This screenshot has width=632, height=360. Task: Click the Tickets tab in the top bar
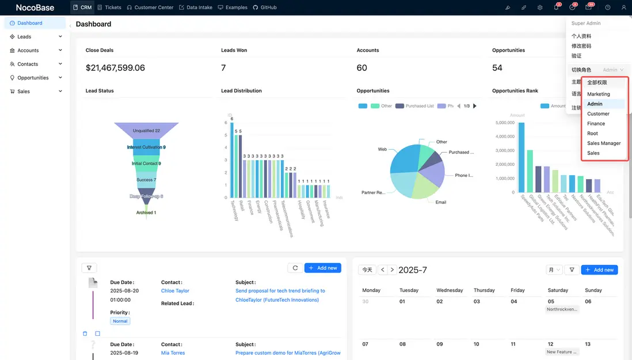(109, 7)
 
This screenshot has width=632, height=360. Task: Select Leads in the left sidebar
(24, 37)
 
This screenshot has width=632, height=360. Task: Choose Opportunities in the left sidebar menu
(33, 78)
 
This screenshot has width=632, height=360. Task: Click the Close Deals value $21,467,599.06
(115, 68)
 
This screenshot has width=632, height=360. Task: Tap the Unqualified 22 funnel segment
(146, 131)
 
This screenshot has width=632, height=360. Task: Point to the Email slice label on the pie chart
(441, 202)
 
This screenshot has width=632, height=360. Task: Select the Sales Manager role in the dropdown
(603, 143)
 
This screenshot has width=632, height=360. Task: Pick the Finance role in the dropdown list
(596, 123)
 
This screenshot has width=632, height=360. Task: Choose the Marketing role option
(598, 94)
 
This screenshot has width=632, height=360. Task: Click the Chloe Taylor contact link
(175, 291)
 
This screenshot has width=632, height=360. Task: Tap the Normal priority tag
(120, 321)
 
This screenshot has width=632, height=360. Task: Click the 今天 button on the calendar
(366, 270)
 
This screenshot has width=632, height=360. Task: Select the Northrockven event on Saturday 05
(562, 309)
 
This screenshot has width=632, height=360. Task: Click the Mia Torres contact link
(173, 353)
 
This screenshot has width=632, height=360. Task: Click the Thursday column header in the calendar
(484, 290)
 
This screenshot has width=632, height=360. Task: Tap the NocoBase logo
(35, 7)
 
